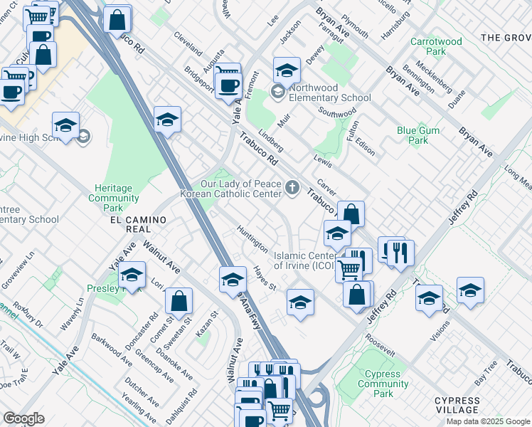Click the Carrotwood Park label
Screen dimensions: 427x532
[436, 47]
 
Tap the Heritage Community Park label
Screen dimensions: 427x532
[113, 198]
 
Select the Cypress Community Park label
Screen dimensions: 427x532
[383, 384]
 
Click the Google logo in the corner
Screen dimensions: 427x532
[23, 418]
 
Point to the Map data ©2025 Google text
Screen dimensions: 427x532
[488, 421]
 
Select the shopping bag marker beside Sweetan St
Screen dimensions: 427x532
[179, 301]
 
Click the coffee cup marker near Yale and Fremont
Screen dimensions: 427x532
[228, 86]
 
